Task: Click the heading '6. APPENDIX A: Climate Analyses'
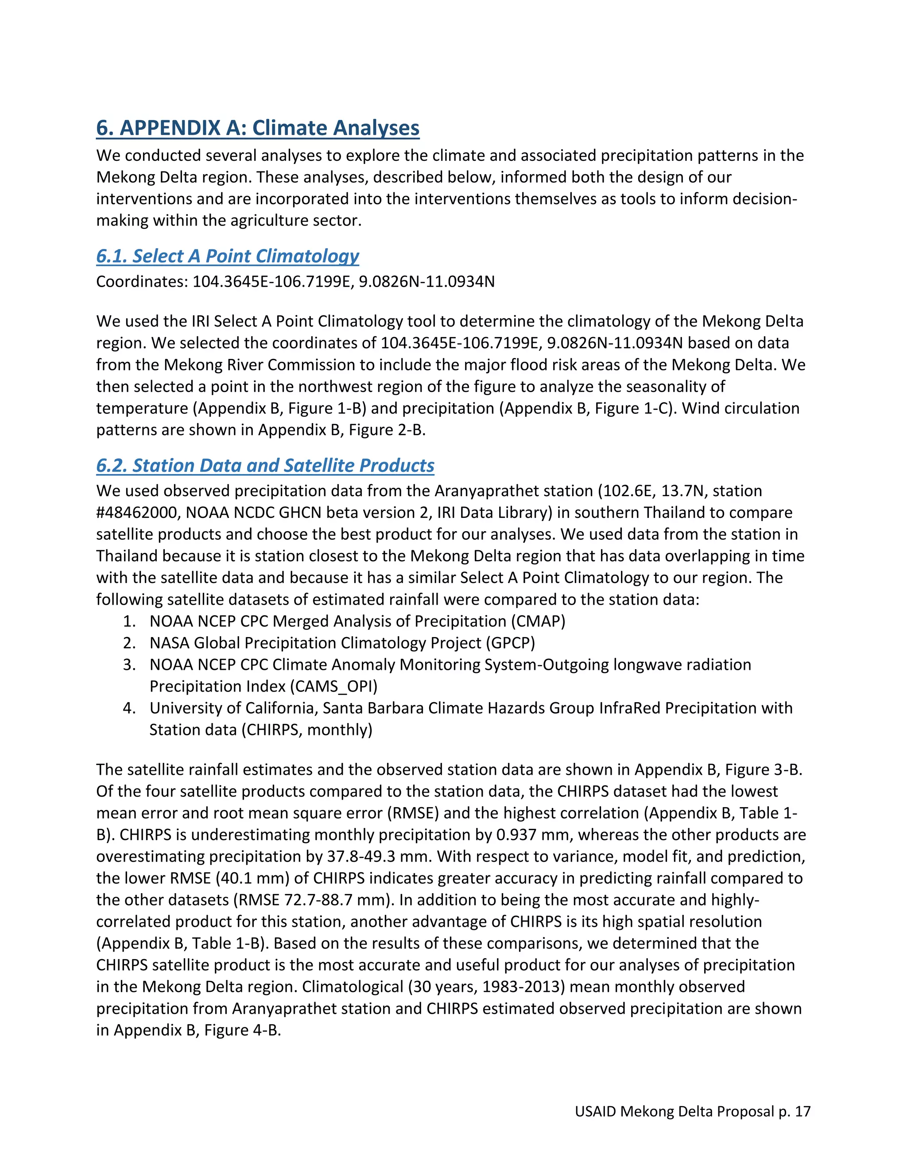(257, 128)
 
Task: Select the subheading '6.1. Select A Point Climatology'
(227, 256)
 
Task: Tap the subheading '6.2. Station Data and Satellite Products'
(265, 466)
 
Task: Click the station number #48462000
(138, 513)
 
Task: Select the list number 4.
(129, 708)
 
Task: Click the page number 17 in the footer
(802, 1112)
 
